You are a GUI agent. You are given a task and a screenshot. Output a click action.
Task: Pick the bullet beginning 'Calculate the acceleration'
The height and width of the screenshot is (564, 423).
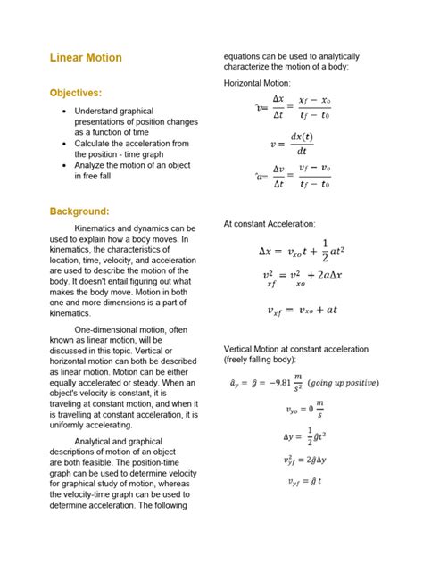(x=130, y=148)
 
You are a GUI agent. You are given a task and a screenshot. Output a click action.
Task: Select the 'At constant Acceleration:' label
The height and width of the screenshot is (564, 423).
(x=269, y=224)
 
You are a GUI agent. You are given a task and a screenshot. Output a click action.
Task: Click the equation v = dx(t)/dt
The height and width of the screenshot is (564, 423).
(x=291, y=143)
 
